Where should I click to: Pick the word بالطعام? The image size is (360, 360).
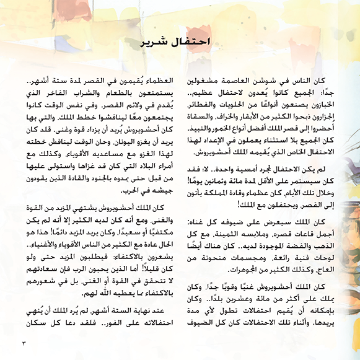(121, 94)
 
